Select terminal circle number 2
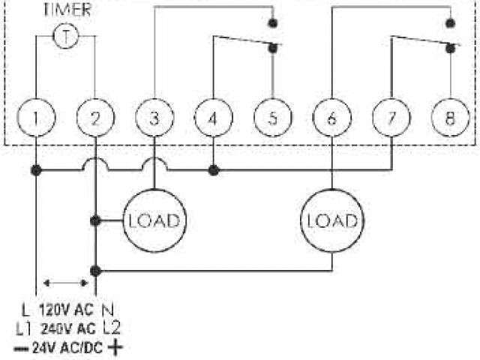pyautogui.click(x=95, y=118)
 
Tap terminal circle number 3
pyautogui.click(x=154, y=118)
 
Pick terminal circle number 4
pyautogui.click(x=213, y=118)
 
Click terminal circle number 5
pyautogui.click(x=271, y=118)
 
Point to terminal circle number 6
pyautogui.click(x=331, y=118)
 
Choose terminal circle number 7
pyautogui.click(x=390, y=118)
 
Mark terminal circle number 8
pyautogui.click(x=448, y=118)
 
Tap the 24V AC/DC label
pyautogui.click(x=68, y=347)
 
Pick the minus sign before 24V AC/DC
pyautogui.click(x=21, y=347)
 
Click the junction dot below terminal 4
pyautogui.click(x=214, y=171)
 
